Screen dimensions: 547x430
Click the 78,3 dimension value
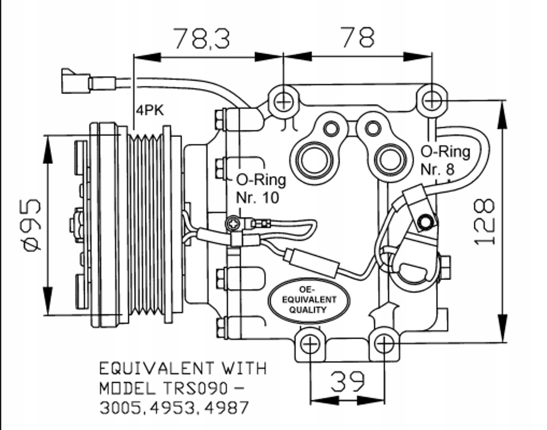click(202, 39)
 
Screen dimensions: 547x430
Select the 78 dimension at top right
click(358, 37)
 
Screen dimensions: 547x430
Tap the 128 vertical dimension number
click(484, 222)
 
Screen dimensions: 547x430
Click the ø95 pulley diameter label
click(33, 225)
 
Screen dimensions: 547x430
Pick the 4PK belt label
click(150, 110)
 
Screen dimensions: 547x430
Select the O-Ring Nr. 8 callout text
click(445, 160)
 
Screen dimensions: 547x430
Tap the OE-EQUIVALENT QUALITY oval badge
click(309, 300)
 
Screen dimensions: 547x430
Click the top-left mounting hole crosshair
click(283, 102)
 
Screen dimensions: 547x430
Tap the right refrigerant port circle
click(390, 160)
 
